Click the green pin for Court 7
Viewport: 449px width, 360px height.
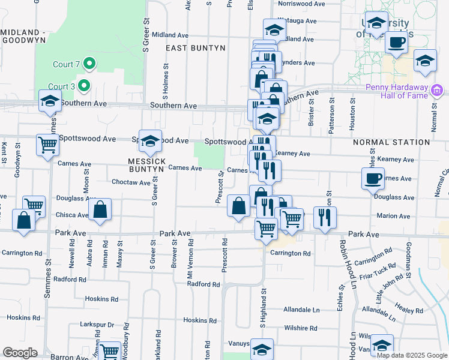tap(89, 62)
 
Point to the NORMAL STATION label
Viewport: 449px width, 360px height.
tap(391, 142)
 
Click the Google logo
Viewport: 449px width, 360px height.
tap(20, 353)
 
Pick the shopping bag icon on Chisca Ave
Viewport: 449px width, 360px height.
tap(100, 209)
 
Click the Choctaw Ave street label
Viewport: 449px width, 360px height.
tap(131, 182)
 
